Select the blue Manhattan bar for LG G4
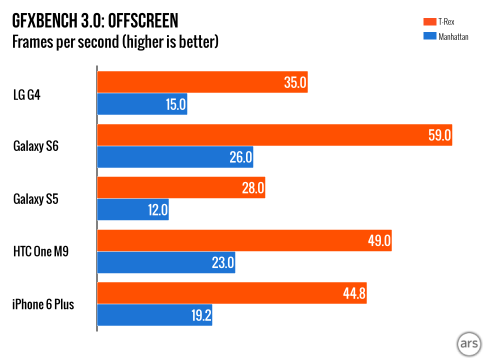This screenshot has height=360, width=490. [x=142, y=104]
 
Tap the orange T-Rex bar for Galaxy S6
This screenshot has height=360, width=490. [x=274, y=135]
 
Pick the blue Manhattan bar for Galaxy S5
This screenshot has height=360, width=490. [x=132, y=209]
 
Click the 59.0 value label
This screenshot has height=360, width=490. [x=440, y=135]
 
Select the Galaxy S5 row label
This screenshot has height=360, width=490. [x=36, y=199]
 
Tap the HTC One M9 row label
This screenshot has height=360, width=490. [x=41, y=251]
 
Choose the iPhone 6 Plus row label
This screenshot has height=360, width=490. [x=43, y=304]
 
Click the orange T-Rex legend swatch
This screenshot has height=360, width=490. [x=429, y=21]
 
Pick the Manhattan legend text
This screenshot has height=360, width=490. [x=453, y=36]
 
